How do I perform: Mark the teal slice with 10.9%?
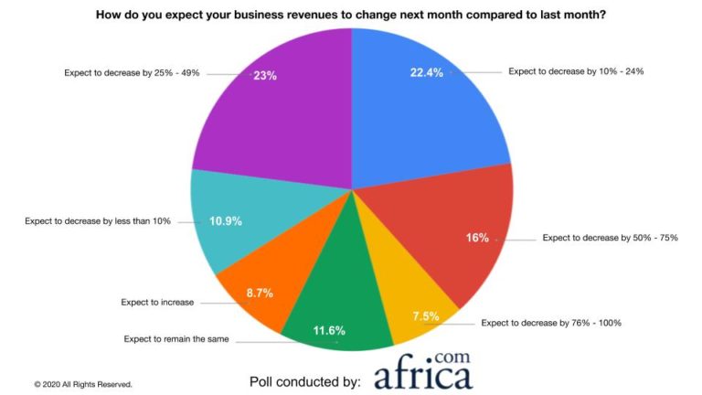[229, 219]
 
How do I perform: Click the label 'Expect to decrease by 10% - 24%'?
[576, 70]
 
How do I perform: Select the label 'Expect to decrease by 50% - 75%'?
[610, 238]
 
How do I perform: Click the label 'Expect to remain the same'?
[176, 339]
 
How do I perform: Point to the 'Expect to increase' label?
[157, 302]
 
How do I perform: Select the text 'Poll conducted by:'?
[305, 380]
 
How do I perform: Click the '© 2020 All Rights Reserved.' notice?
[84, 384]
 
